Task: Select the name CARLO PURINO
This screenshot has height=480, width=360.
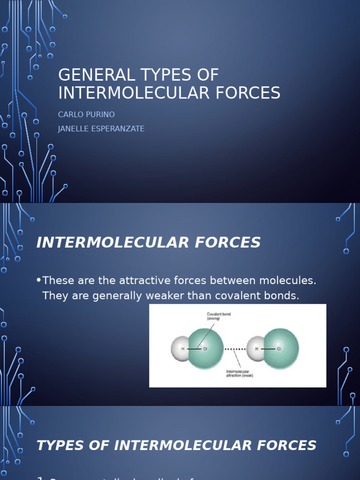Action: click(86, 114)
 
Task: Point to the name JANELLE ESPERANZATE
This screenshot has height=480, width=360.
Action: click(101, 129)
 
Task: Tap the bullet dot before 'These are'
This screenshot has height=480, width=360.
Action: click(38, 281)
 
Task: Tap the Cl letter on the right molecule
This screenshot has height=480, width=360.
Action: click(278, 349)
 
